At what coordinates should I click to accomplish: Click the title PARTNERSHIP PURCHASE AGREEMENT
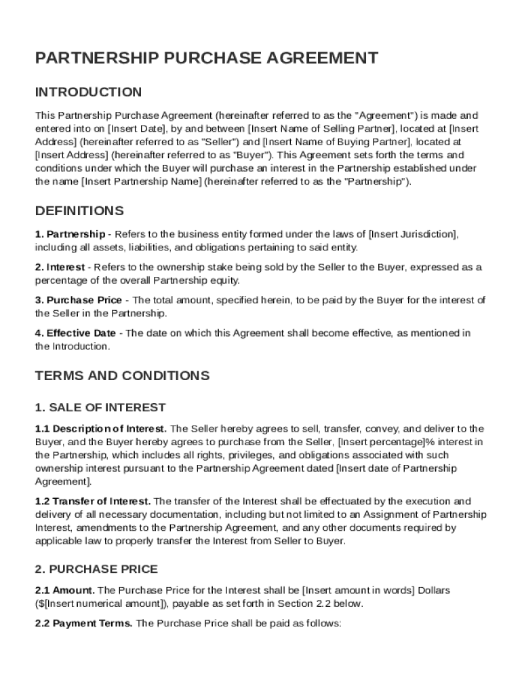pos(207,58)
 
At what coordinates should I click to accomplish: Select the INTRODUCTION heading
pos(89,92)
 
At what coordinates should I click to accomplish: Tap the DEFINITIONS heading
pos(79,210)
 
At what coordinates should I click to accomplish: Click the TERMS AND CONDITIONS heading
pos(123,376)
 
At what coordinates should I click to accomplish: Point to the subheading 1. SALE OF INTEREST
pos(100,408)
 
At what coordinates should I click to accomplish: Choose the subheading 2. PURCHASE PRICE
pos(96,569)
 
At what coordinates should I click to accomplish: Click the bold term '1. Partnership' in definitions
pos(71,234)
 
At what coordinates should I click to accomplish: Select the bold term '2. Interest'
pos(60,267)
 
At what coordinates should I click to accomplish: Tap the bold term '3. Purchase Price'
pos(79,300)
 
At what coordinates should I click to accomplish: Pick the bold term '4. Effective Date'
pos(75,333)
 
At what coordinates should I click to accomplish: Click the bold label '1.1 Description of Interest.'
pos(101,429)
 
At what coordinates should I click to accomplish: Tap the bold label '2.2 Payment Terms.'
pos(84,624)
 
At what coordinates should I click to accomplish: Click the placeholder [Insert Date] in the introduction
pos(136,128)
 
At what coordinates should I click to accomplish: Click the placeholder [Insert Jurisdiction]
pos(414,234)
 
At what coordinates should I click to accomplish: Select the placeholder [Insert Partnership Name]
pos(142,181)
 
